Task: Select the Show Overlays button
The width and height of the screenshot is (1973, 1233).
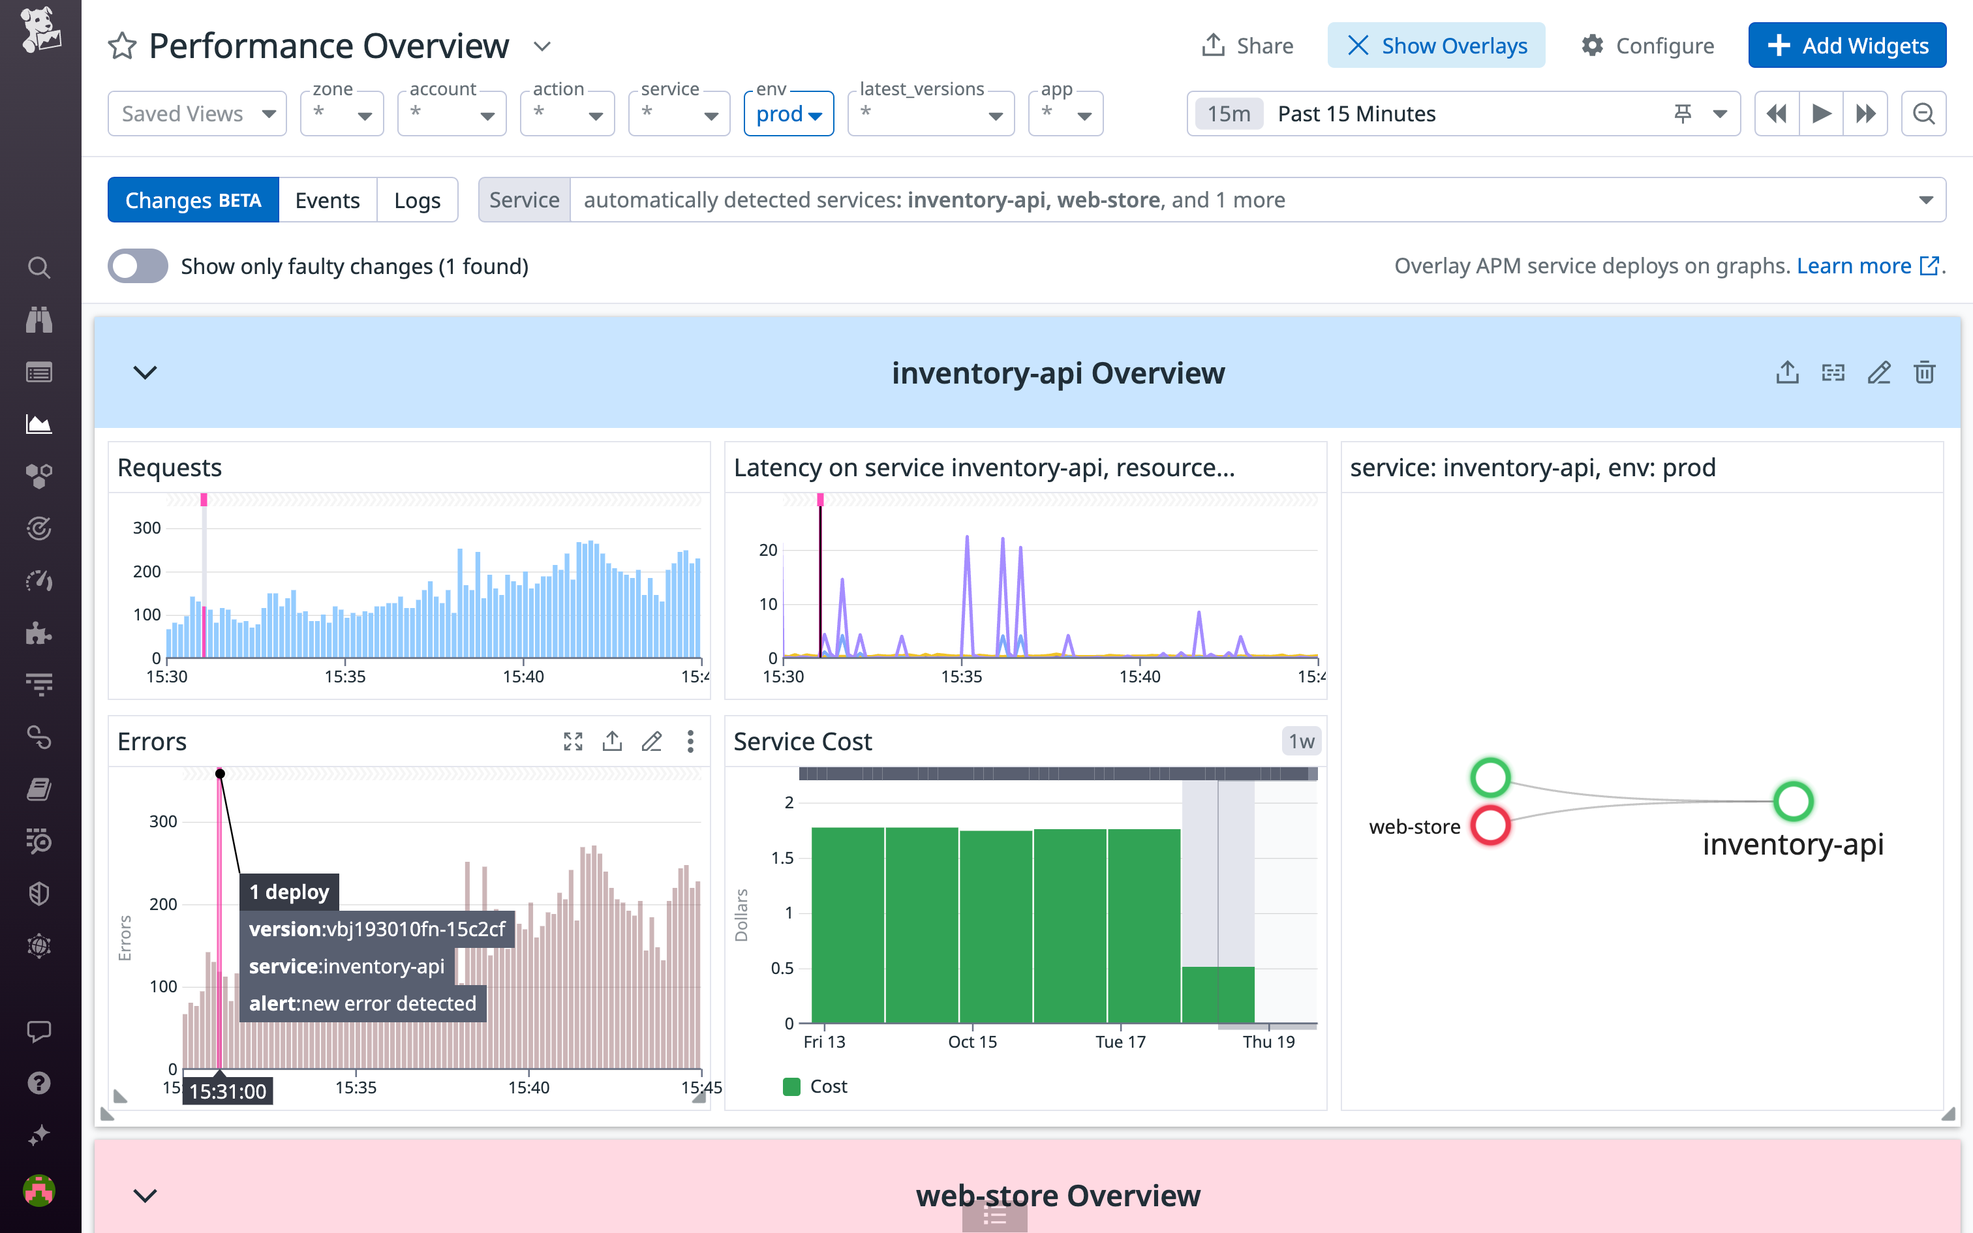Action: coord(1436,46)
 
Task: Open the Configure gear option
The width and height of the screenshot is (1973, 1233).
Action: coord(1647,46)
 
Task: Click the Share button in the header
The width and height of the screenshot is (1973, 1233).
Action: coord(1247,46)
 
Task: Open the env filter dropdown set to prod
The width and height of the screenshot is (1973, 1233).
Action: coord(788,114)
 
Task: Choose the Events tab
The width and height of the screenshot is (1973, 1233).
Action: coord(327,200)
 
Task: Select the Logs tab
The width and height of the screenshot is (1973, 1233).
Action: coord(417,200)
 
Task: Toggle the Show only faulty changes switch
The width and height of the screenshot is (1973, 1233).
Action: coord(138,266)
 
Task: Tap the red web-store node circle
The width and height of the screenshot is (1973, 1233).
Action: coord(1490,825)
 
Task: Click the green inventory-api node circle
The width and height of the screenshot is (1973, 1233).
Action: coord(1793,802)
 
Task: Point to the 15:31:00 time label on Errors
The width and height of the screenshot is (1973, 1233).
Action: coord(228,1091)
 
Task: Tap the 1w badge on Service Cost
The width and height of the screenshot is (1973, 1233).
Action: coord(1301,741)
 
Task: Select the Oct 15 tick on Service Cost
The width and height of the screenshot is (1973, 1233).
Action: coord(972,1041)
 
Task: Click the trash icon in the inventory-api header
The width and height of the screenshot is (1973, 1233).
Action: coord(1924,373)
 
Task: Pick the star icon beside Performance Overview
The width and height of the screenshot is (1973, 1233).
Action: coord(122,46)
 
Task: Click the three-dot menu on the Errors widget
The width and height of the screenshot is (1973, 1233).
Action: coord(690,741)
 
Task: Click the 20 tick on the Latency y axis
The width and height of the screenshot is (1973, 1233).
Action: coord(768,551)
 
